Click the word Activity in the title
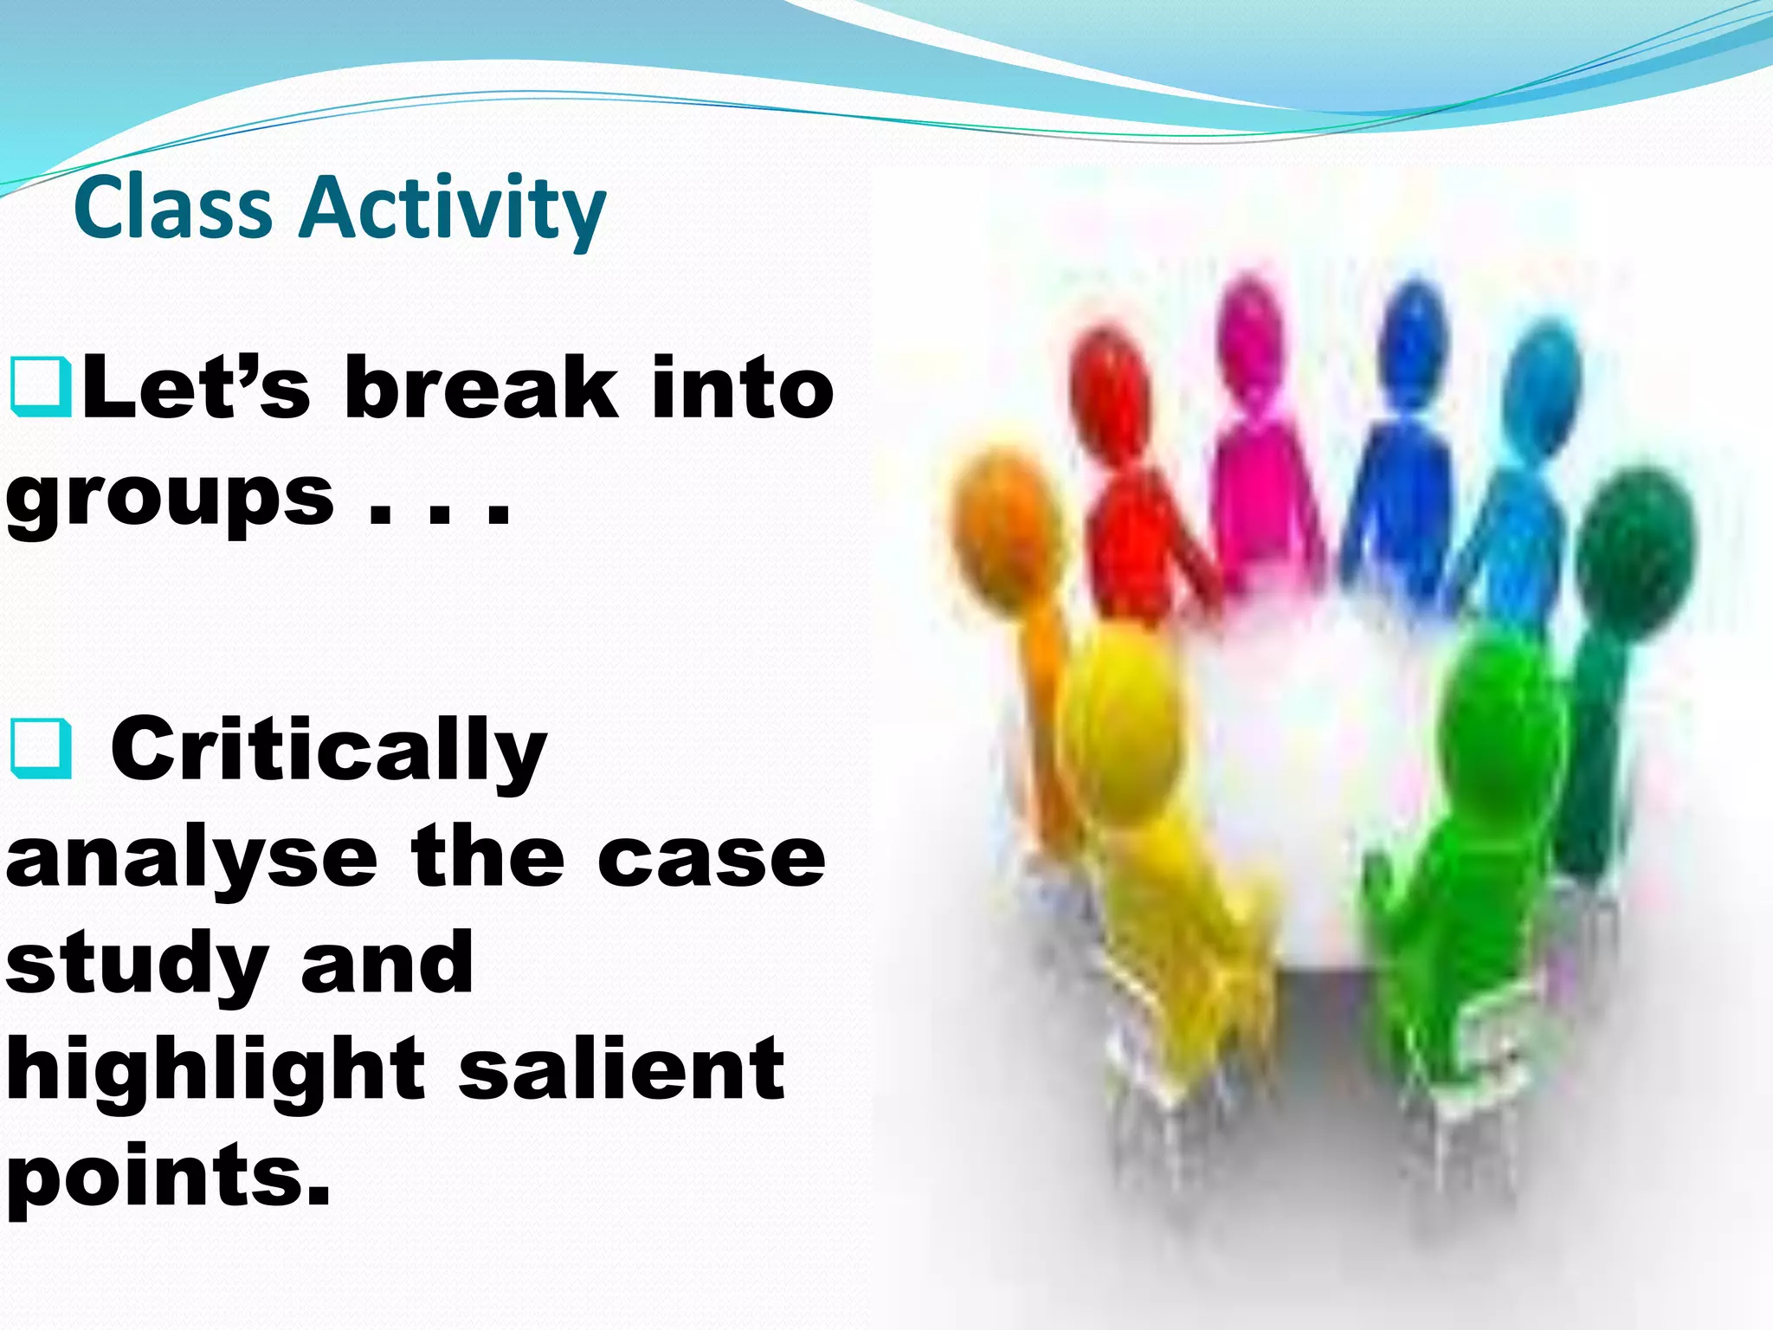[x=452, y=210]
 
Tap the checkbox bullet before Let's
[x=40, y=389]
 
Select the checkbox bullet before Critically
[x=40, y=749]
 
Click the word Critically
[x=329, y=749]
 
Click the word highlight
[x=216, y=1070]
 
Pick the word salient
[x=622, y=1070]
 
